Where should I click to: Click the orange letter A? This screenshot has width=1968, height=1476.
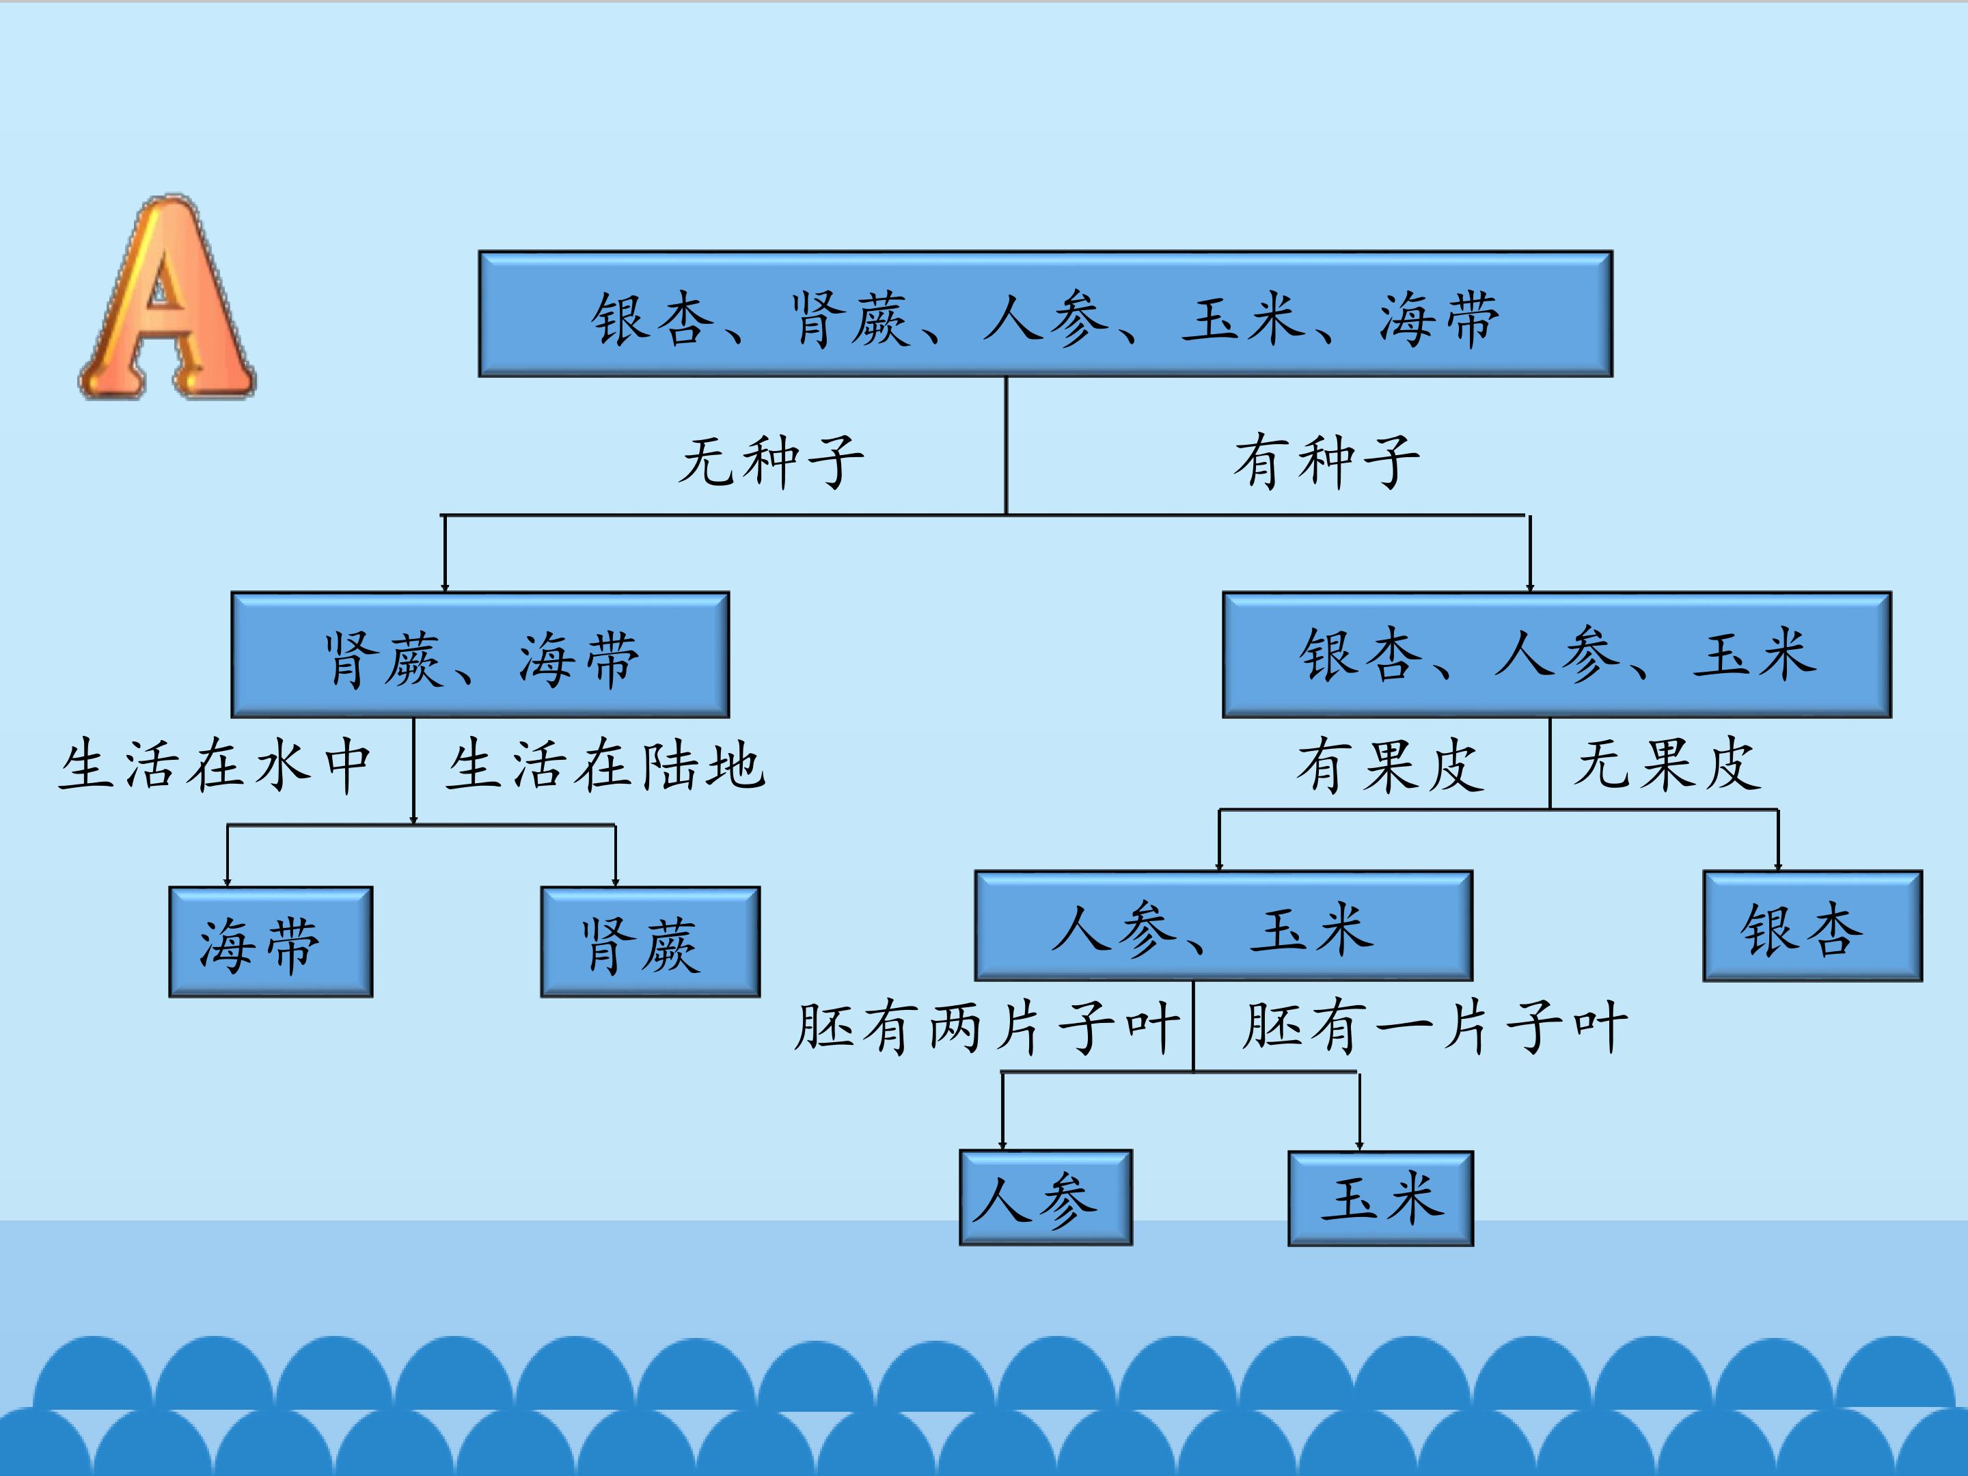(168, 298)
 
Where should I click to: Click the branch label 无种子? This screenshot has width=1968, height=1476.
(771, 462)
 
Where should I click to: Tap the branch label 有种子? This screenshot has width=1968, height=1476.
(1326, 462)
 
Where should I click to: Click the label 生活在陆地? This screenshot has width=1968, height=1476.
(605, 765)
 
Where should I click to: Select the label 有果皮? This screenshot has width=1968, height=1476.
(1390, 765)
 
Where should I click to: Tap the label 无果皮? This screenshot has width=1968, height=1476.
(1667, 765)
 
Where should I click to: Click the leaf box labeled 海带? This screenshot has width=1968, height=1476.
(271, 942)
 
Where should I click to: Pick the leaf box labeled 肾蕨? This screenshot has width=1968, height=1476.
(651, 942)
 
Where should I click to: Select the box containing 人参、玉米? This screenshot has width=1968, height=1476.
(1223, 926)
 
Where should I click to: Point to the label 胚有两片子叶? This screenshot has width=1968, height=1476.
(987, 1028)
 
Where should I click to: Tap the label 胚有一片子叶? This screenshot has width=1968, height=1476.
(1434, 1028)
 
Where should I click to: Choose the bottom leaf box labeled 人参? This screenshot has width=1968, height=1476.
(1045, 1197)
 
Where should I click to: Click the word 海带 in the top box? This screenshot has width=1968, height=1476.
(1438, 318)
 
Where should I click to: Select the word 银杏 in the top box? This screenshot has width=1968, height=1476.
(652, 318)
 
